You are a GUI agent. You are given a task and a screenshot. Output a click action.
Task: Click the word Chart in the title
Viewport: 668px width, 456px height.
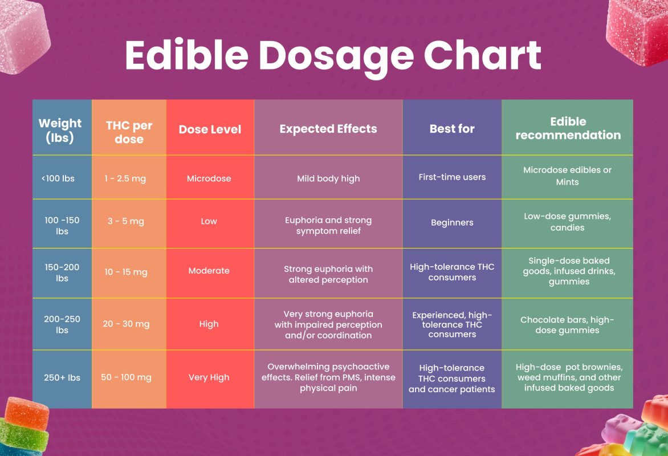(482, 55)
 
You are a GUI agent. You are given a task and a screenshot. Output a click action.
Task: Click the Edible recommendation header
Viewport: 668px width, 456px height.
(568, 128)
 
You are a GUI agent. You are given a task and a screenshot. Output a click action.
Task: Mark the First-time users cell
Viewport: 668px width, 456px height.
(452, 177)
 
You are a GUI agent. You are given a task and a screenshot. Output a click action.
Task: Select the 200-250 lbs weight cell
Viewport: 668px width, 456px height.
(62, 324)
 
